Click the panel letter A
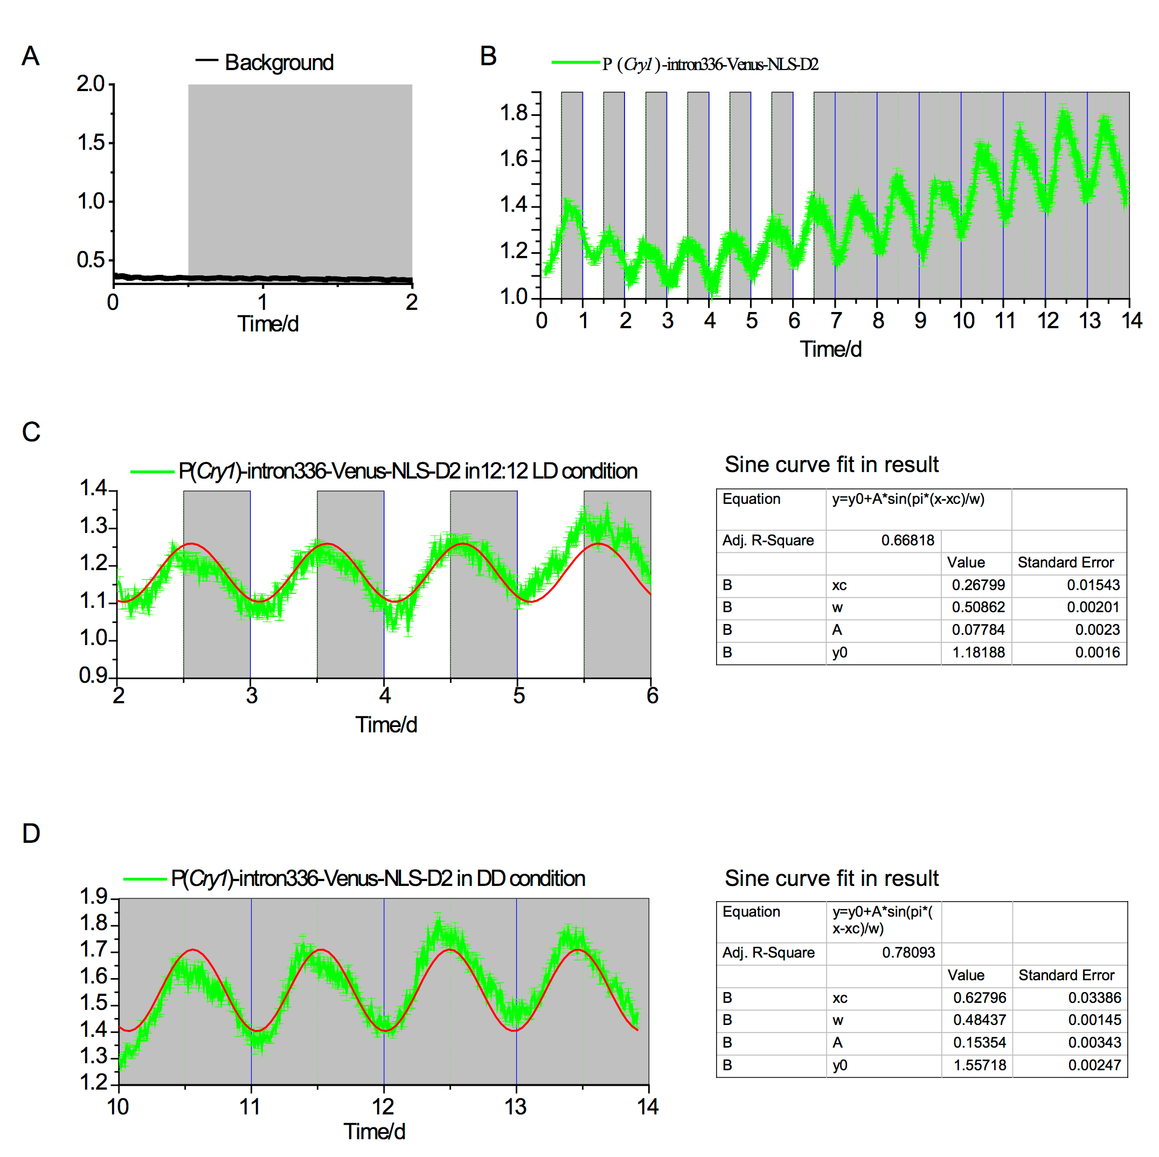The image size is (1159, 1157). coord(31,57)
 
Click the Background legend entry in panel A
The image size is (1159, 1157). coord(279,63)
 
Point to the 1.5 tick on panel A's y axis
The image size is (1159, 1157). coord(91,143)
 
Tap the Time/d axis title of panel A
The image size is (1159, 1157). coord(268,324)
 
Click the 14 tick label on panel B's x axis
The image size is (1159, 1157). coord(1132,321)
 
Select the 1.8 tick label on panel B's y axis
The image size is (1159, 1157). coord(513,113)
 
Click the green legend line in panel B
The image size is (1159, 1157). coord(575,63)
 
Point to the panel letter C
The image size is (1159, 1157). coord(31,432)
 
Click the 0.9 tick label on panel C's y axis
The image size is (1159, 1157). coord(93,676)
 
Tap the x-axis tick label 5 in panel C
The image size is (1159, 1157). coord(518,696)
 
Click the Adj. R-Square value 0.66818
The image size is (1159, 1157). coord(907,541)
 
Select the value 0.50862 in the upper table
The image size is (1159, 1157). coord(978,607)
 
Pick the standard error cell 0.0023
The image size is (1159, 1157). coord(1097,630)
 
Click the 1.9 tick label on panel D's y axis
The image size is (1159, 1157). coord(93,897)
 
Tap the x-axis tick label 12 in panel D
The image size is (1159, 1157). coord(383,1107)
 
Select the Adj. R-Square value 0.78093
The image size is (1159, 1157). coord(908,953)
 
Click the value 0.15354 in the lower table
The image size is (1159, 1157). coord(979,1043)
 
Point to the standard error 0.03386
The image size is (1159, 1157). coord(1094,998)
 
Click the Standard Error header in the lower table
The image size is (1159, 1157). coord(1066,976)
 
